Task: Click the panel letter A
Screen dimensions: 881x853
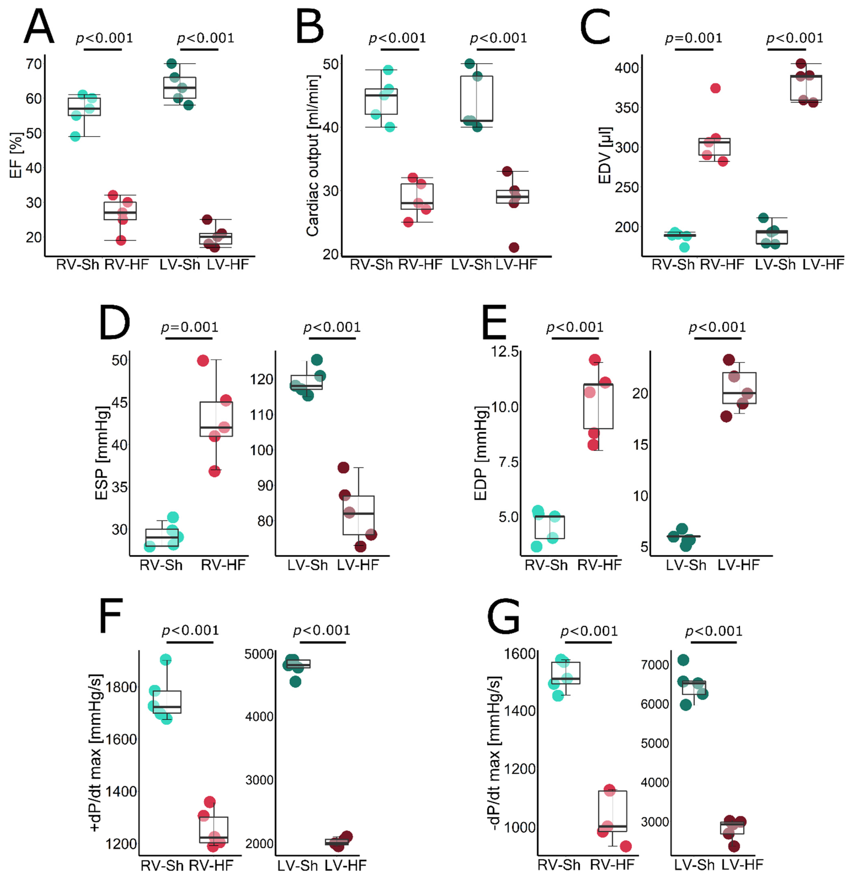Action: point(39,27)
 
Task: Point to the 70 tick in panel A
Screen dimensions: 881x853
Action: point(34,64)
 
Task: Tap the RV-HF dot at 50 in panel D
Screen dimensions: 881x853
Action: point(203,361)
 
